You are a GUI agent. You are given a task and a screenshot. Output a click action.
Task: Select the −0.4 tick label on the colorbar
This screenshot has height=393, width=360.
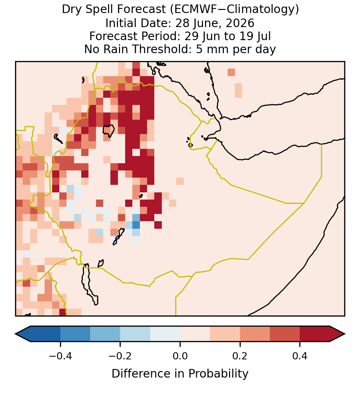(x=60, y=356)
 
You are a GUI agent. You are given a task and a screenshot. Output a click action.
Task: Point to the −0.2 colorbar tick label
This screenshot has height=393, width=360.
(x=120, y=356)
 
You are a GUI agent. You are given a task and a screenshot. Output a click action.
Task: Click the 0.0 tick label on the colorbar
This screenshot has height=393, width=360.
(x=180, y=356)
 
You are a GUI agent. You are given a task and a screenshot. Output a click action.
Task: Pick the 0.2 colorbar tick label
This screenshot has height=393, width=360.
(x=240, y=356)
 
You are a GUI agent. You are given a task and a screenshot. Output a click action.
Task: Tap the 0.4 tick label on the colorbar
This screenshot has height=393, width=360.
(x=300, y=356)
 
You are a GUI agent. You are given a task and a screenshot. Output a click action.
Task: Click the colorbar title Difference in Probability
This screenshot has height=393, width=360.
(x=180, y=373)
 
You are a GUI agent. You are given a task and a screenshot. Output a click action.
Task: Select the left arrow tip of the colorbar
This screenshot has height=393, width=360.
(x=15, y=334)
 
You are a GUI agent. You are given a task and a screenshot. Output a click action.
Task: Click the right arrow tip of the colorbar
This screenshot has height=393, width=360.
(x=345, y=334)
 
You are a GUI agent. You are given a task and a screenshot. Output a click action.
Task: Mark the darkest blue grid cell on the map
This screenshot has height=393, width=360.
(x=136, y=225)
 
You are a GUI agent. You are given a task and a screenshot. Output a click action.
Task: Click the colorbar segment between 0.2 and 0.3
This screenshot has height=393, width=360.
(x=255, y=334)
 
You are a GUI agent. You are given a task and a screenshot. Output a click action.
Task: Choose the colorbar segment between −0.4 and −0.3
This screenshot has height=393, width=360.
(x=75, y=334)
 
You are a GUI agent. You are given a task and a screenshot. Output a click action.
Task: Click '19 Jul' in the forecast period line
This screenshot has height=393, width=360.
(x=255, y=36)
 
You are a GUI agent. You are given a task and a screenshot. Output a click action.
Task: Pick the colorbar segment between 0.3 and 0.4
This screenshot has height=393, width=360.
(x=285, y=334)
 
